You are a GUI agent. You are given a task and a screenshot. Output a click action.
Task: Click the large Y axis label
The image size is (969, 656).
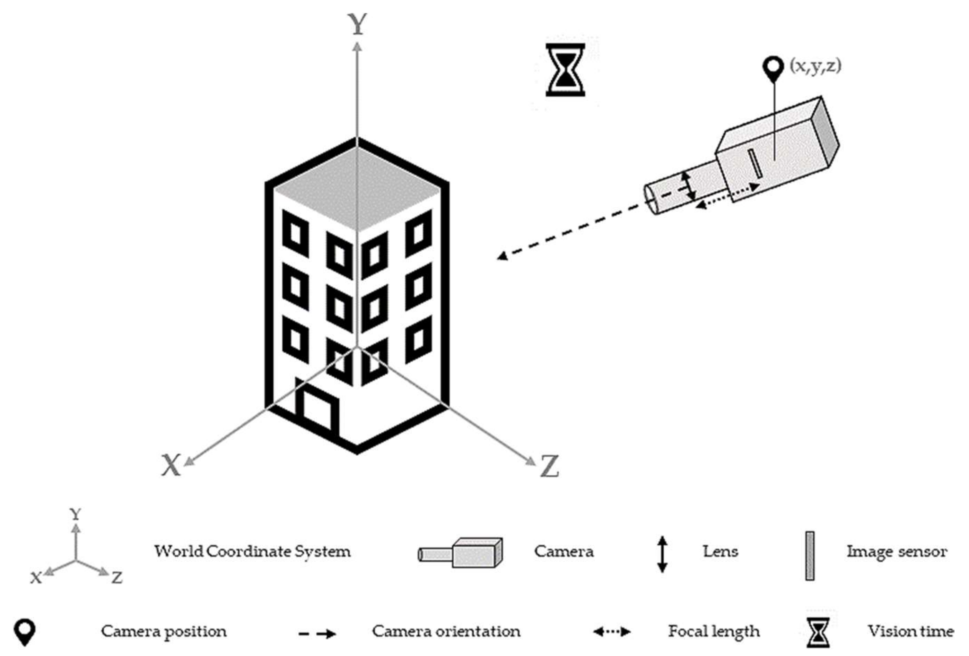point(357,24)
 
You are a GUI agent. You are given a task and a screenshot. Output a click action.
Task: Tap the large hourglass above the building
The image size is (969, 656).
point(565,70)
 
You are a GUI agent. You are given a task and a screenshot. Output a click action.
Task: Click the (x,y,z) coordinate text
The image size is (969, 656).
point(815,66)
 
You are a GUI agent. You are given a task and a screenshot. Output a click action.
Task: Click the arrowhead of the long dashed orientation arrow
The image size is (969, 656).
point(501,255)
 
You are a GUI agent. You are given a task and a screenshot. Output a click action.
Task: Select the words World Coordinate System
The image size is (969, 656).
point(252,551)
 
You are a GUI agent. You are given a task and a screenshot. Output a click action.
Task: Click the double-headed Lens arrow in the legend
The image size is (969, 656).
point(662,554)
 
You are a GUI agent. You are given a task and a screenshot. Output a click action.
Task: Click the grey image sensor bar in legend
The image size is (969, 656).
point(809,555)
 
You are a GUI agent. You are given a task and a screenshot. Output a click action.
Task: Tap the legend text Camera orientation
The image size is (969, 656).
point(446,631)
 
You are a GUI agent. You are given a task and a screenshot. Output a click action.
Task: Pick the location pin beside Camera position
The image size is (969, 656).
point(25,632)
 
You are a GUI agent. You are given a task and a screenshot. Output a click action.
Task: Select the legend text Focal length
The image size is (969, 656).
point(714,631)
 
